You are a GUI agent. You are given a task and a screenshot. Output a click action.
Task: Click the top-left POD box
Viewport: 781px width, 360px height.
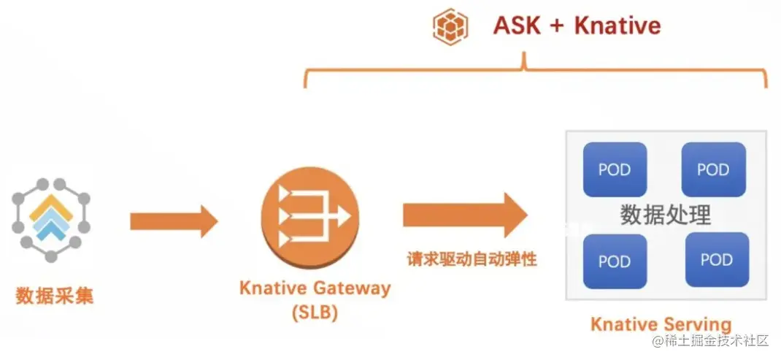[x=615, y=169]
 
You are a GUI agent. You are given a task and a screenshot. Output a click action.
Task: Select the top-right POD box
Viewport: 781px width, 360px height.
[x=713, y=169]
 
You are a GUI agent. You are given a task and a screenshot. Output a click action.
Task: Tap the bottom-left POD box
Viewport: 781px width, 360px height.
[x=615, y=261]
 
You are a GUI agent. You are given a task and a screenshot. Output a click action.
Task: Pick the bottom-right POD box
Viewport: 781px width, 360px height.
[x=716, y=258]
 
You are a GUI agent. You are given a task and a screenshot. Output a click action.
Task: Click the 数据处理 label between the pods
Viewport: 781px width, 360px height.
[x=665, y=215]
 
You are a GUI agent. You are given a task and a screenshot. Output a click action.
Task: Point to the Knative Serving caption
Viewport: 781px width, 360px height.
[x=661, y=324]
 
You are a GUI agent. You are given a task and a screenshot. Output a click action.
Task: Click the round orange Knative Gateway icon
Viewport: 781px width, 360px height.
[x=310, y=216]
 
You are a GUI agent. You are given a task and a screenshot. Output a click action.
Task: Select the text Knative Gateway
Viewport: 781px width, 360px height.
[x=315, y=288]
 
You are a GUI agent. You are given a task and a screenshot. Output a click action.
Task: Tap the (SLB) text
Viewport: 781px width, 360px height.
[x=315, y=313]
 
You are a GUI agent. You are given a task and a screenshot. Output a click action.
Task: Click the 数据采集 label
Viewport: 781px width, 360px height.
[x=55, y=296]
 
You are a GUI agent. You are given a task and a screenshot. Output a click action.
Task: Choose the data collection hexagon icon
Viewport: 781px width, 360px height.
[x=50, y=218]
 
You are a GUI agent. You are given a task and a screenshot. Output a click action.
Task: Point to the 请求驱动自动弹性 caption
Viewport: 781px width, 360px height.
[x=472, y=258]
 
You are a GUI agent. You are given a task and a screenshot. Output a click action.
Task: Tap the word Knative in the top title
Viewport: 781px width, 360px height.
[x=618, y=26]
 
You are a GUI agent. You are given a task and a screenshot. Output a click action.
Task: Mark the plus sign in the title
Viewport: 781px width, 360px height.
[x=556, y=27]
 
